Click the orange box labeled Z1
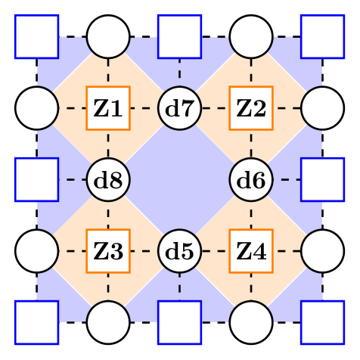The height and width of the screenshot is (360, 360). point(108,108)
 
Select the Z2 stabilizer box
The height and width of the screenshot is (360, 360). point(251,108)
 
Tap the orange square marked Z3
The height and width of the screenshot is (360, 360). point(108,250)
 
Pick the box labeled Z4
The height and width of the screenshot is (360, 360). point(251,250)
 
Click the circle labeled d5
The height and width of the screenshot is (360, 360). point(179,250)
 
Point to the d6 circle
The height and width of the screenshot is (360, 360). point(251,180)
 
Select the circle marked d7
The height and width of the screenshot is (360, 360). point(179,108)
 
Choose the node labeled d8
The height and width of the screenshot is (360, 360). point(108,180)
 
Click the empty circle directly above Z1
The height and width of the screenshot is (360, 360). point(108,36)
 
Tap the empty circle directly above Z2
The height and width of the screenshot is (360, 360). point(251,36)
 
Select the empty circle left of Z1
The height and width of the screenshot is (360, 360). point(36,108)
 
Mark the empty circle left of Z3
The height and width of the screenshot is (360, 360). point(36,250)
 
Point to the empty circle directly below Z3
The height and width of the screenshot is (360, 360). point(108,322)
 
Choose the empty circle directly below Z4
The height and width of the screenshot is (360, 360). point(251,322)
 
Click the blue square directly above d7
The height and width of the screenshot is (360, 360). point(179,36)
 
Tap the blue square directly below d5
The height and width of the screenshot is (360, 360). point(179,322)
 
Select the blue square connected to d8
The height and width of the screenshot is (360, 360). point(36,180)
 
